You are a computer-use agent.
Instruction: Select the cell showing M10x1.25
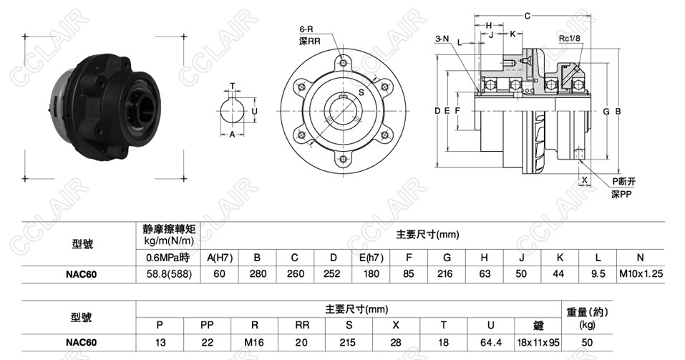pyautogui.click(x=641, y=273)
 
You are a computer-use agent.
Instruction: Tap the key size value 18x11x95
pyautogui.click(x=538, y=342)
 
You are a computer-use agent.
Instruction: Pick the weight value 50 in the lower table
pyautogui.click(x=586, y=342)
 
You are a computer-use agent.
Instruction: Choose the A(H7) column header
pyautogui.click(x=219, y=257)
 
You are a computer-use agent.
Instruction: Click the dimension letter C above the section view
pyautogui.click(x=527, y=15)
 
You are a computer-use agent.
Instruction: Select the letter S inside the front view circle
pyautogui.click(x=361, y=92)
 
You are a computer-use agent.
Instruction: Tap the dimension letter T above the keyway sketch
pyautogui.click(x=232, y=86)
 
